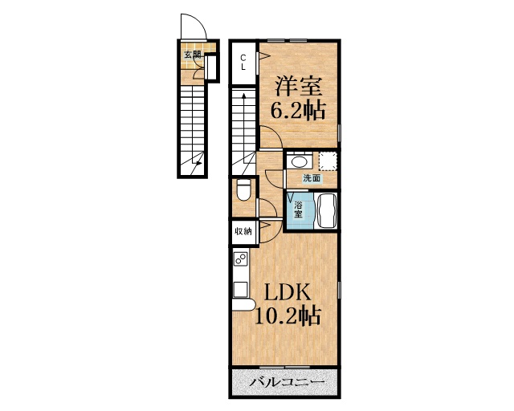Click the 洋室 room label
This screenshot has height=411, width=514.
(x=298, y=84)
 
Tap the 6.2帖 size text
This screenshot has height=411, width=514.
(x=298, y=111)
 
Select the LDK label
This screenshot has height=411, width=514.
(x=282, y=291)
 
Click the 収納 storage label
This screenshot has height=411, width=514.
(x=243, y=231)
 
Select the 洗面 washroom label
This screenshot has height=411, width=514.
(x=312, y=178)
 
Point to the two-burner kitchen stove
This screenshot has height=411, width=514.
(x=240, y=259)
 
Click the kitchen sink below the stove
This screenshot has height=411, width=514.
(x=240, y=287)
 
